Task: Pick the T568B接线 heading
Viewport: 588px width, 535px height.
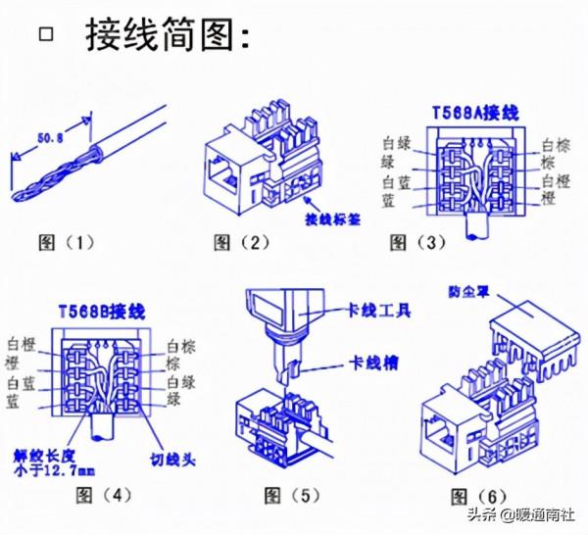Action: click(x=102, y=313)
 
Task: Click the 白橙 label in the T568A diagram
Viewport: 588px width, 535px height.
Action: click(x=555, y=183)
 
